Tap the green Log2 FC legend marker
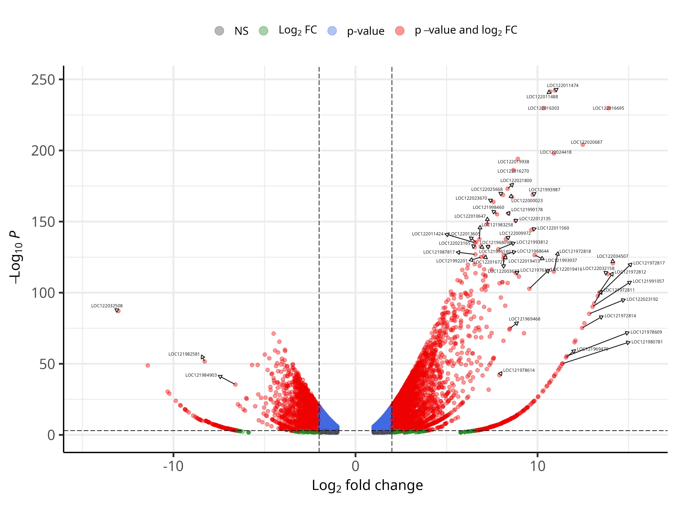point(263,31)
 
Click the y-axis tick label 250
point(43,80)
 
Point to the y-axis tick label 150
point(43,222)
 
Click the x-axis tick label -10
point(173,466)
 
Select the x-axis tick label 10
point(537,466)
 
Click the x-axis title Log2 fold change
point(367,485)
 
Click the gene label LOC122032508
point(107,306)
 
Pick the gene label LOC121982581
point(184,354)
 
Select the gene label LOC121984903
point(201,375)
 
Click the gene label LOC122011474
point(563,85)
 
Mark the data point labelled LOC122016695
point(609,108)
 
